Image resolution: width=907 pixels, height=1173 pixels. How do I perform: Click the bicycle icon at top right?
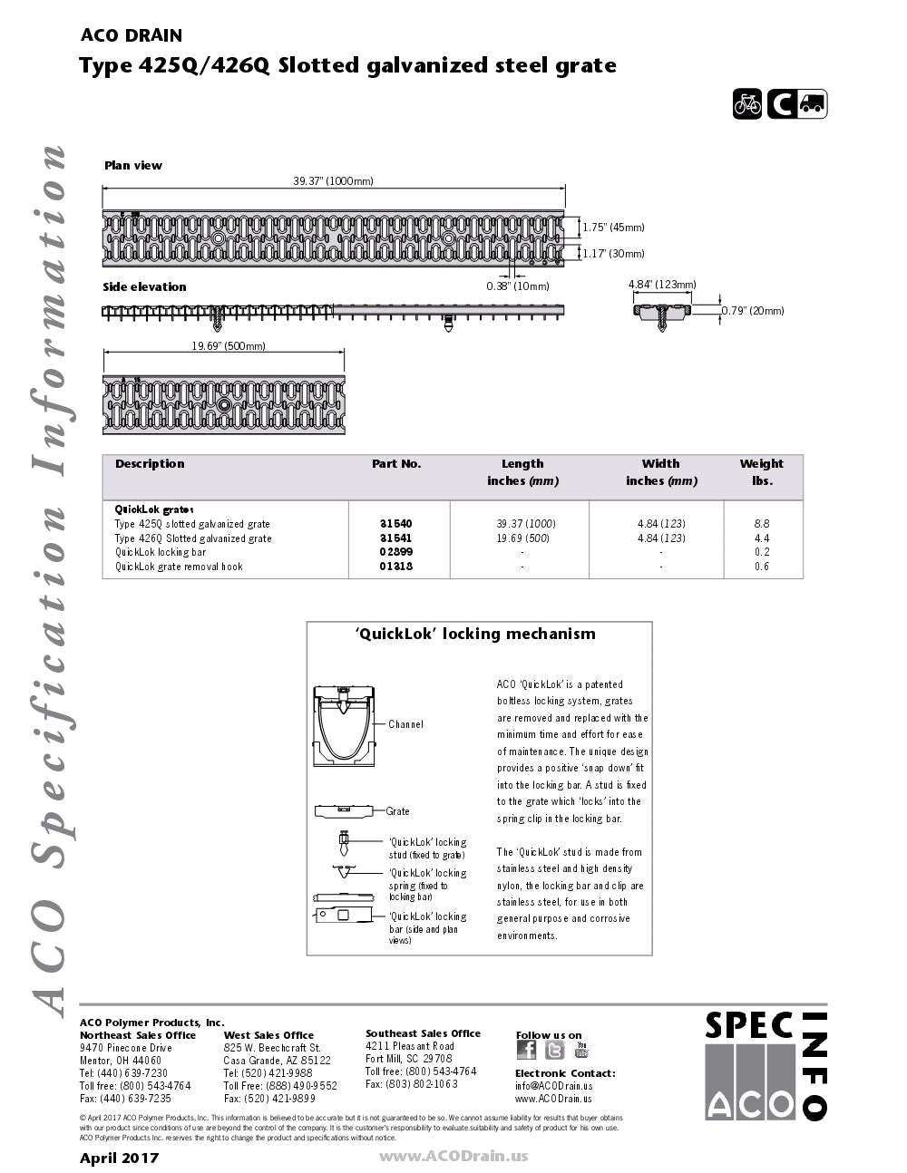(x=747, y=104)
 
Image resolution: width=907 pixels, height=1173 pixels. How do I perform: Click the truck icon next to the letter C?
(x=812, y=104)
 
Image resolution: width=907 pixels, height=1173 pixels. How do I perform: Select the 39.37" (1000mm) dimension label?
(x=333, y=181)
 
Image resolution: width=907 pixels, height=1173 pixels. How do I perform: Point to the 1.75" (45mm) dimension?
(x=613, y=228)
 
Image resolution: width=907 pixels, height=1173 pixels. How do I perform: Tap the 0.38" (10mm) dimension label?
(x=518, y=286)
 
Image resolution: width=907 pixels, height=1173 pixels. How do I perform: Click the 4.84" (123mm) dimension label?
(x=662, y=285)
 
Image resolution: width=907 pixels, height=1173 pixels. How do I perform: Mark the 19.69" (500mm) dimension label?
(x=229, y=346)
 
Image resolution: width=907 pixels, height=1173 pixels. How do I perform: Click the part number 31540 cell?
(x=395, y=524)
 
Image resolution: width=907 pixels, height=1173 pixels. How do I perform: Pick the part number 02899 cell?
(x=395, y=552)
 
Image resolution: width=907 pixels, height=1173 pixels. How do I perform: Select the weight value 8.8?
(x=762, y=524)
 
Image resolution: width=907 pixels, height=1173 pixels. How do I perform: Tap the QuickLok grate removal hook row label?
(x=179, y=567)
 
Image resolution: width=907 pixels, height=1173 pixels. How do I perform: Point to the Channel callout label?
(x=405, y=724)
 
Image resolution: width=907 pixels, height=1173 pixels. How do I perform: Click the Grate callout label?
(x=397, y=811)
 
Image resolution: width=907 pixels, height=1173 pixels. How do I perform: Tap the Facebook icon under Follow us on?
(x=526, y=1050)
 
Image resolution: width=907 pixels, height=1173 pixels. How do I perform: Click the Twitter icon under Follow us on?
(x=555, y=1050)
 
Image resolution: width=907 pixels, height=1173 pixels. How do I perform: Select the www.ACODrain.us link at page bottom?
(x=453, y=1156)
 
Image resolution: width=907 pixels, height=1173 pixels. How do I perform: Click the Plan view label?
(x=133, y=166)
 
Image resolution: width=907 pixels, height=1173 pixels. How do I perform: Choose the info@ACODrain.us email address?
(x=553, y=1086)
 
